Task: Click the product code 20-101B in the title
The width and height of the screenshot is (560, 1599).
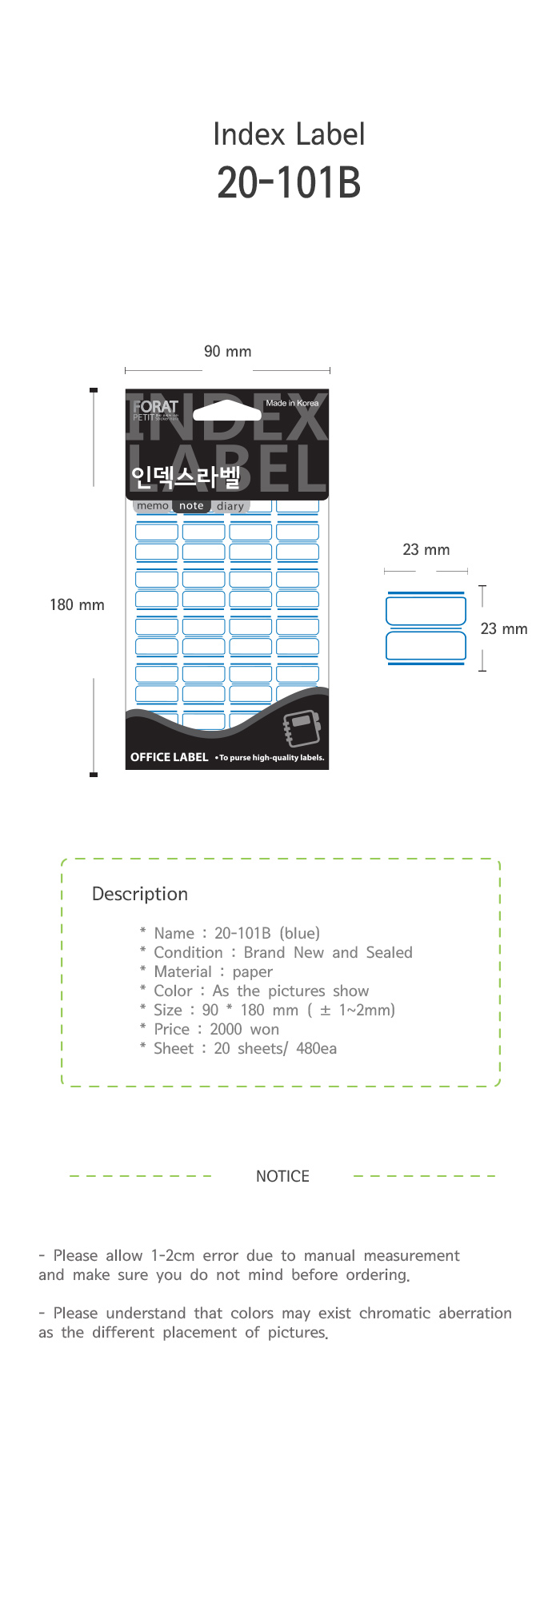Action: point(289,183)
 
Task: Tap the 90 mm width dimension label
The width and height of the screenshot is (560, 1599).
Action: point(227,352)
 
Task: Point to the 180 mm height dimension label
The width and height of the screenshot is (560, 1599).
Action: point(77,605)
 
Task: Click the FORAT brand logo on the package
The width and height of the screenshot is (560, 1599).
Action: point(155,407)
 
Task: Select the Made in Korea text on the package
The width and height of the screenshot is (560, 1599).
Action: point(292,403)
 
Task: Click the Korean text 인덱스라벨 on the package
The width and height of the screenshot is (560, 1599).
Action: point(186,477)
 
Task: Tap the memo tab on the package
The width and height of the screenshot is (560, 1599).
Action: point(152,506)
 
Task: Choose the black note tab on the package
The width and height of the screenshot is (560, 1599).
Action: point(191,506)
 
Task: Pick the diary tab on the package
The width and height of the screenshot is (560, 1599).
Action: point(230,507)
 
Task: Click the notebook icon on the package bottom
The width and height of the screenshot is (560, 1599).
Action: point(302,728)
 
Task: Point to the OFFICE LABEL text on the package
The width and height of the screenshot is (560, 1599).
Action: point(169,757)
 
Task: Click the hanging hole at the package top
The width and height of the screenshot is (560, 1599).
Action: point(227,411)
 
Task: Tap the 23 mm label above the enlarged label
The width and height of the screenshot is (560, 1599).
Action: point(426,550)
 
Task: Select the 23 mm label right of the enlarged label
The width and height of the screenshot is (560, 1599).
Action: point(504,629)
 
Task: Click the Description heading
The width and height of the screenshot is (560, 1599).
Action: point(140,894)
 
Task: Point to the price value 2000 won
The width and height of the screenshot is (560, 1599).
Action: point(244,1030)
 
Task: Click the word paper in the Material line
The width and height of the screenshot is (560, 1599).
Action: point(253,972)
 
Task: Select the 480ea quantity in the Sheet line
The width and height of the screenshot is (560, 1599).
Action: point(316,1049)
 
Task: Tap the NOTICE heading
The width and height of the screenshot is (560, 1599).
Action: point(282,1176)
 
